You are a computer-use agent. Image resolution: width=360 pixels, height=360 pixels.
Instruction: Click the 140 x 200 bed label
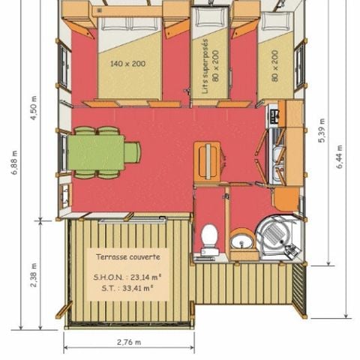[128, 64]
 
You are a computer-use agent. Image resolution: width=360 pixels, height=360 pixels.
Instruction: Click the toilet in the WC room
[210, 238]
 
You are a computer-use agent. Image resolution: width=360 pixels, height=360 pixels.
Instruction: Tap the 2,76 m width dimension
[128, 342]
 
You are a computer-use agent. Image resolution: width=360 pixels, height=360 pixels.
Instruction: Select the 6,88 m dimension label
[14, 163]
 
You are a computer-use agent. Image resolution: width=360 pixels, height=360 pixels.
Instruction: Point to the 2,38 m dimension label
[34, 273]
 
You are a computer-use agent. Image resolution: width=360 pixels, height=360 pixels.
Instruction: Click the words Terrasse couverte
[127, 257]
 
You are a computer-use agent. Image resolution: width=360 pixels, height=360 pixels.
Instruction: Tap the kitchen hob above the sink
[274, 117]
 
